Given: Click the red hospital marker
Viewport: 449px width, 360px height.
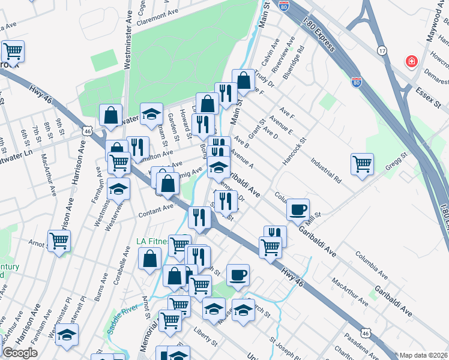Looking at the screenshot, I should (x=411, y=61).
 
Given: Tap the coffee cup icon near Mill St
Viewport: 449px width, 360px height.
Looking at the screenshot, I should (x=298, y=209).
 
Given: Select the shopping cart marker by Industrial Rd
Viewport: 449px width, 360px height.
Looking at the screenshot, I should (x=363, y=163).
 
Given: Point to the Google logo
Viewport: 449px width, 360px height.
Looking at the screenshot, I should (x=20, y=353).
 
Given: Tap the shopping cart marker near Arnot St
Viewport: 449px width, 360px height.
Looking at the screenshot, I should (x=59, y=241).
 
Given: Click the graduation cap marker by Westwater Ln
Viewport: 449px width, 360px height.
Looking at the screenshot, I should (x=151, y=112).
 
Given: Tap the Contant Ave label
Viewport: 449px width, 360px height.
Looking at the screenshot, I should (x=155, y=210).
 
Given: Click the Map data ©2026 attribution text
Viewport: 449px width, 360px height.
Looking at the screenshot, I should (x=424, y=355).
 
